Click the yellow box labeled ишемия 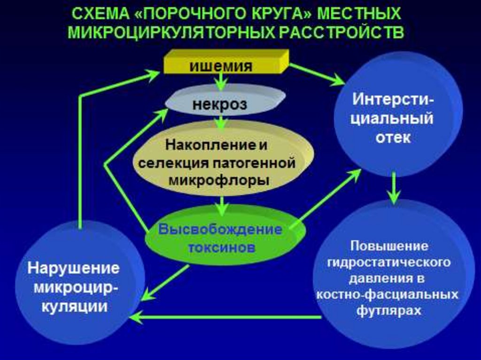(221, 64)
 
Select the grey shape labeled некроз (219, 104)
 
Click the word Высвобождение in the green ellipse (220, 230)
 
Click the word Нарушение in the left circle (74, 269)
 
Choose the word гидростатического (388, 261)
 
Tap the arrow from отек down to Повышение (394, 188)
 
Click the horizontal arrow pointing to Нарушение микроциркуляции (225, 317)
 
